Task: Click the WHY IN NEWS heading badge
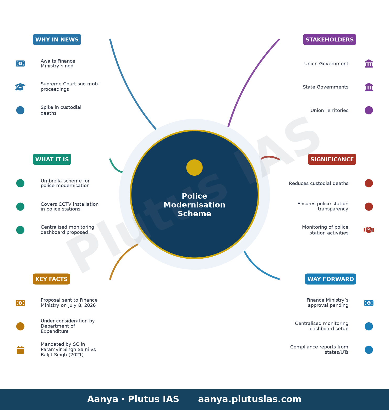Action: point(57,40)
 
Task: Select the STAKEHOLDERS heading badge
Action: point(330,40)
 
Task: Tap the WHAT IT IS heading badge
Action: point(52,159)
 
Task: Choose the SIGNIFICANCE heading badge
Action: point(332,159)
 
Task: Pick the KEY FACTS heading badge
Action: point(51,279)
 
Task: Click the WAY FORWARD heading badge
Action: point(331,279)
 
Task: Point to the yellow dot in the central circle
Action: point(194,168)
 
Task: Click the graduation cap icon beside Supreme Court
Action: point(20,87)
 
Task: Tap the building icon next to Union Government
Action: point(369,64)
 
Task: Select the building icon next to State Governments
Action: point(369,87)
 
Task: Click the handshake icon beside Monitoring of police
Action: point(369,230)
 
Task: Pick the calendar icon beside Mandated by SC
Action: point(20,350)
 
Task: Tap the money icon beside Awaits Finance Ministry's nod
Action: point(20,63)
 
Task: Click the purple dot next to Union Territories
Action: point(369,110)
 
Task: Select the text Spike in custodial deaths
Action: point(61,110)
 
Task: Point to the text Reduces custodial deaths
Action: point(319,183)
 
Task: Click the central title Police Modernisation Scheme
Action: point(194,205)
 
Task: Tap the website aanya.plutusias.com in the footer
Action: point(250,399)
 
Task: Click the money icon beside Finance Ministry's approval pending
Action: point(369,303)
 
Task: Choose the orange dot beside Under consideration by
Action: point(20,326)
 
